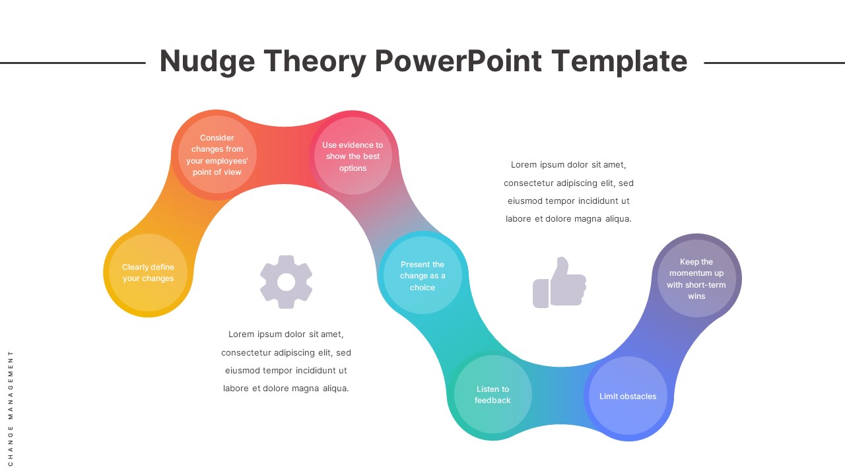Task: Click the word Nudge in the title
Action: click(x=207, y=61)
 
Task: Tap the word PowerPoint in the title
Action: click(x=457, y=61)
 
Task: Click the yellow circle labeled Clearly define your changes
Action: click(x=149, y=273)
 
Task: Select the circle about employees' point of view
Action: click(x=217, y=155)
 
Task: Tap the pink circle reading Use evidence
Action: click(x=353, y=156)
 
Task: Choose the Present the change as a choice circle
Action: click(x=422, y=276)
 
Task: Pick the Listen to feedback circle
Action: click(x=492, y=395)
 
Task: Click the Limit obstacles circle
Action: click(x=628, y=396)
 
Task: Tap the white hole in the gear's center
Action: click(x=286, y=282)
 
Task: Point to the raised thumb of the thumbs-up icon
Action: click(x=562, y=267)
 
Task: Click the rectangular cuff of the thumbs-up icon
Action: click(x=541, y=293)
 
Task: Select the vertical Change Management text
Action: click(x=11, y=408)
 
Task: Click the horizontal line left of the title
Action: click(x=73, y=63)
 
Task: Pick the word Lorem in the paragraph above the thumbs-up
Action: click(x=524, y=165)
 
